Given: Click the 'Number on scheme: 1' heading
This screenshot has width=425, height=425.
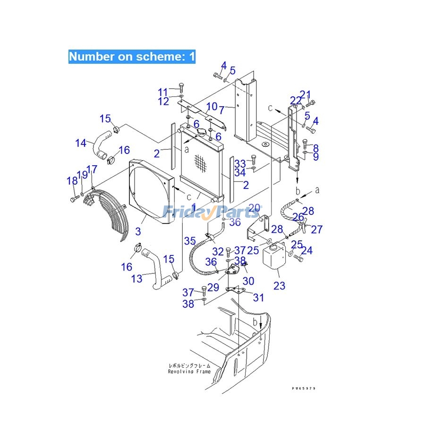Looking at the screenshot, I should tap(132, 57).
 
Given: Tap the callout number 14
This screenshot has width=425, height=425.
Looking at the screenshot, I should tap(81, 142).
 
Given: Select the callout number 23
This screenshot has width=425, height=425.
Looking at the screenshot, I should tap(280, 285).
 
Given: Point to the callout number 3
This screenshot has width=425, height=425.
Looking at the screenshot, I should tap(138, 232).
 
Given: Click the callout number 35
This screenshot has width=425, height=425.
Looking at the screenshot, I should tap(190, 241).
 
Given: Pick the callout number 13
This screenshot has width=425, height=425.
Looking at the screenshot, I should tap(136, 279).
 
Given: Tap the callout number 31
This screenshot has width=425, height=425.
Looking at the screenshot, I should tap(258, 297).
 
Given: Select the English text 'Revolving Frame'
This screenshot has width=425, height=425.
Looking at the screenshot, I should tap(189, 372).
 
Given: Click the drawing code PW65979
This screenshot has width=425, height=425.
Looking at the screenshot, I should tap(304, 388).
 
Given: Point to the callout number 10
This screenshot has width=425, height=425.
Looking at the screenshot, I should tap(212, 107).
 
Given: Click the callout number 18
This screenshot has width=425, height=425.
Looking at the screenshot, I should tap(72, 181).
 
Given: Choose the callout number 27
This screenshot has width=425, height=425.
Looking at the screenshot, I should tap(316, 229).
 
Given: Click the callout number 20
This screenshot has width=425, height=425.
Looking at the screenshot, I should tap(255, 208).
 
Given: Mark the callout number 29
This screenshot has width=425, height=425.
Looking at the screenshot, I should tap(213, 287).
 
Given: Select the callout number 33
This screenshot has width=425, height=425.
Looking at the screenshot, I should tap(240, 163).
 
